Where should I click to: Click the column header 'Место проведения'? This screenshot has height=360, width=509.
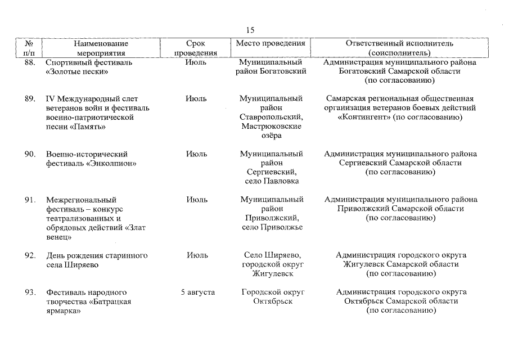(x=271, y=43)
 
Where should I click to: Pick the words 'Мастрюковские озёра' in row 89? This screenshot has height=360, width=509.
(x=271, y=131)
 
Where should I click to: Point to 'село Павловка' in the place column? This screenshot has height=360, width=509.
(x=271, y=181)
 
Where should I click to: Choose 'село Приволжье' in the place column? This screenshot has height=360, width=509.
(x=272, y=227)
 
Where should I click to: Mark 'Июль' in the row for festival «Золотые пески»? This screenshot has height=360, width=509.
(x=196, y=62)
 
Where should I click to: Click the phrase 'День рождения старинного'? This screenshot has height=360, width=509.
(x=97, y=255)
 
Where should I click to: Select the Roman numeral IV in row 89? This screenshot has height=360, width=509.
(x=51, y=98)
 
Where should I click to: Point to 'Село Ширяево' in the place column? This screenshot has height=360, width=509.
(x=272, y=255)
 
